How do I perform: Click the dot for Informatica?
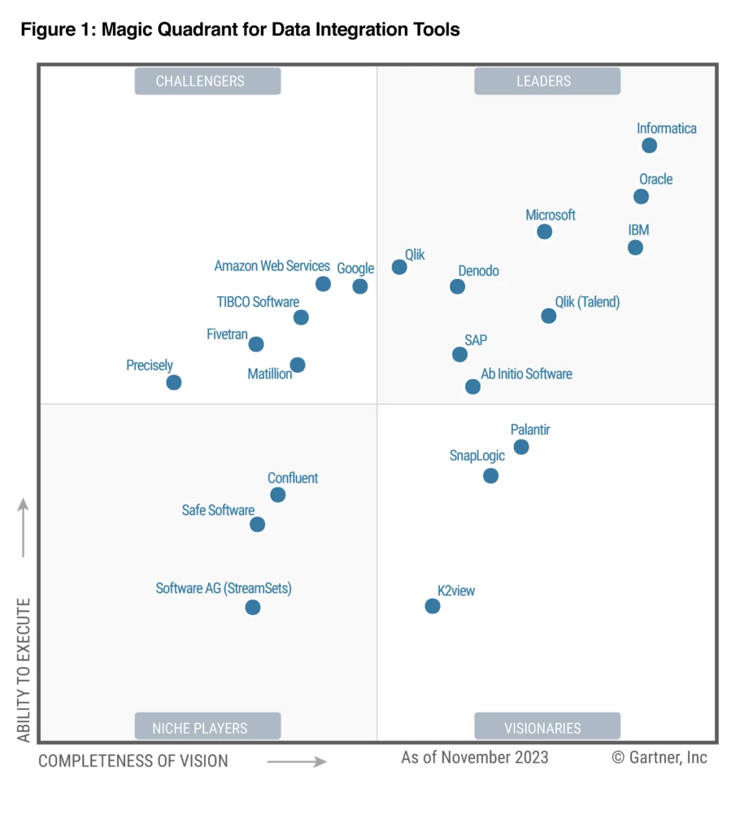click(649, 146)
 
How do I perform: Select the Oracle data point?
click(641, 196)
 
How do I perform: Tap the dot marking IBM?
click(635, 247)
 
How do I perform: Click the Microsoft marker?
click(545, 232)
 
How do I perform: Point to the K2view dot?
click(433, 606)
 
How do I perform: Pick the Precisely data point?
click(173, 382)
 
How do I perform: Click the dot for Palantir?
click(521, 447)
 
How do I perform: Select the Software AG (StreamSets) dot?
click(253, 607)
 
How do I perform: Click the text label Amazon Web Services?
click(272, 266)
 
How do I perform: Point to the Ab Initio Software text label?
click(526, 374)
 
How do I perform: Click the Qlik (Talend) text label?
click(586, 302)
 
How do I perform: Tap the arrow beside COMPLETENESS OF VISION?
click(297, 761)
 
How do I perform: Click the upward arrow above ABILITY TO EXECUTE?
click(24, 527)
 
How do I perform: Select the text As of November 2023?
click(475, 757)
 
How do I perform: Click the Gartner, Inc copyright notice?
click(659, 757)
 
